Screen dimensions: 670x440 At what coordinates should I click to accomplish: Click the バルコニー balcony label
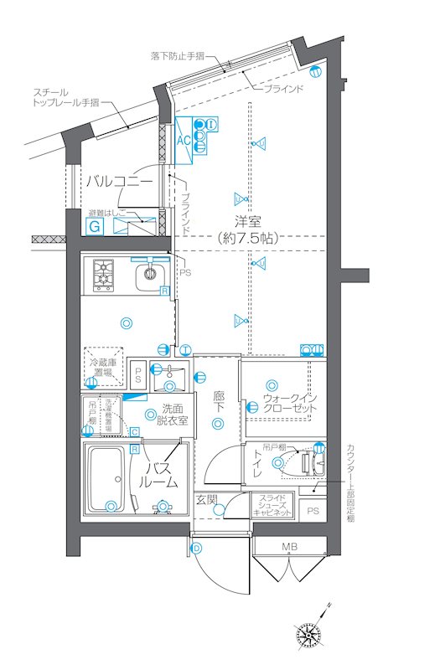coord(118,181)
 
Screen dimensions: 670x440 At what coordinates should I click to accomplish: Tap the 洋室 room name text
coord(247,221)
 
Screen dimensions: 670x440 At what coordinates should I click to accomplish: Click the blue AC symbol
coord(184,140)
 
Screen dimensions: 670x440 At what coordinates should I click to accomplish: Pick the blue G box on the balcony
coord(96,225)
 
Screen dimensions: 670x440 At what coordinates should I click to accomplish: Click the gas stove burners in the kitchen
coord(103,272)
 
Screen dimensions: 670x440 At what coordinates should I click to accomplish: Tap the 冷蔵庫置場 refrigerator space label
coord(103,367)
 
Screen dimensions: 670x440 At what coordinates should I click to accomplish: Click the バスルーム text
coord(158,475)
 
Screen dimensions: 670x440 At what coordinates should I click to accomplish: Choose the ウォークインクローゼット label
coord(290,402)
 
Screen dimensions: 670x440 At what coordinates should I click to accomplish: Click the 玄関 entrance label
coord(207,500)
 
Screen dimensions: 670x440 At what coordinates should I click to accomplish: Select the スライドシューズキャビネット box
coord(272,507)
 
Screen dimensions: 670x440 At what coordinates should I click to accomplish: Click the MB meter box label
coord(289,548)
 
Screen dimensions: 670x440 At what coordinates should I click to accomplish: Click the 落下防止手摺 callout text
coord(178,56)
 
